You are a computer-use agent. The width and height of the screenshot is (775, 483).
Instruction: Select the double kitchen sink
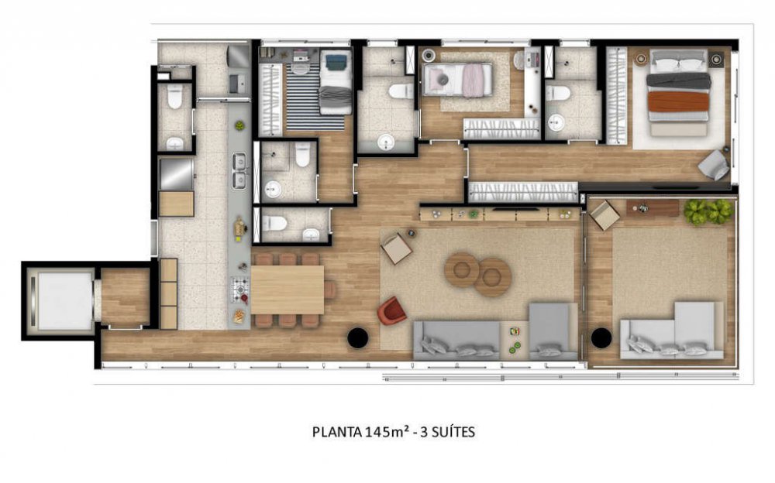click(239, 170)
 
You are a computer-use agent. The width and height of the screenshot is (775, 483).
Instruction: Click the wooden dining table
click(288, 290)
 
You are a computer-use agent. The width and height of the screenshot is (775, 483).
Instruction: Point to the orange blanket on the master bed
click(678, 101)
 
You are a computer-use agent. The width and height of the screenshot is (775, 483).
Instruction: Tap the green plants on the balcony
click(708, 211)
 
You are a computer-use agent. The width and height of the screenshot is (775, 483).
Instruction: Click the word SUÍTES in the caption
click(453, 432)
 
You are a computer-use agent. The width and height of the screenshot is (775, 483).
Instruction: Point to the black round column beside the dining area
click(358, 337)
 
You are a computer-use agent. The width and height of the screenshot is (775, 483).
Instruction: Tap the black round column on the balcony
click(601, 337)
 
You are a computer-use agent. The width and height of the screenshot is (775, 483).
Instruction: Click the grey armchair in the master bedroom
click(713, 165)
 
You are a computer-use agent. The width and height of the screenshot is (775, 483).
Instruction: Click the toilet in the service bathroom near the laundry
click(175, 97)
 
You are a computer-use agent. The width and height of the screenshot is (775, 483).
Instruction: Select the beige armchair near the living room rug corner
click(396, 248)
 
